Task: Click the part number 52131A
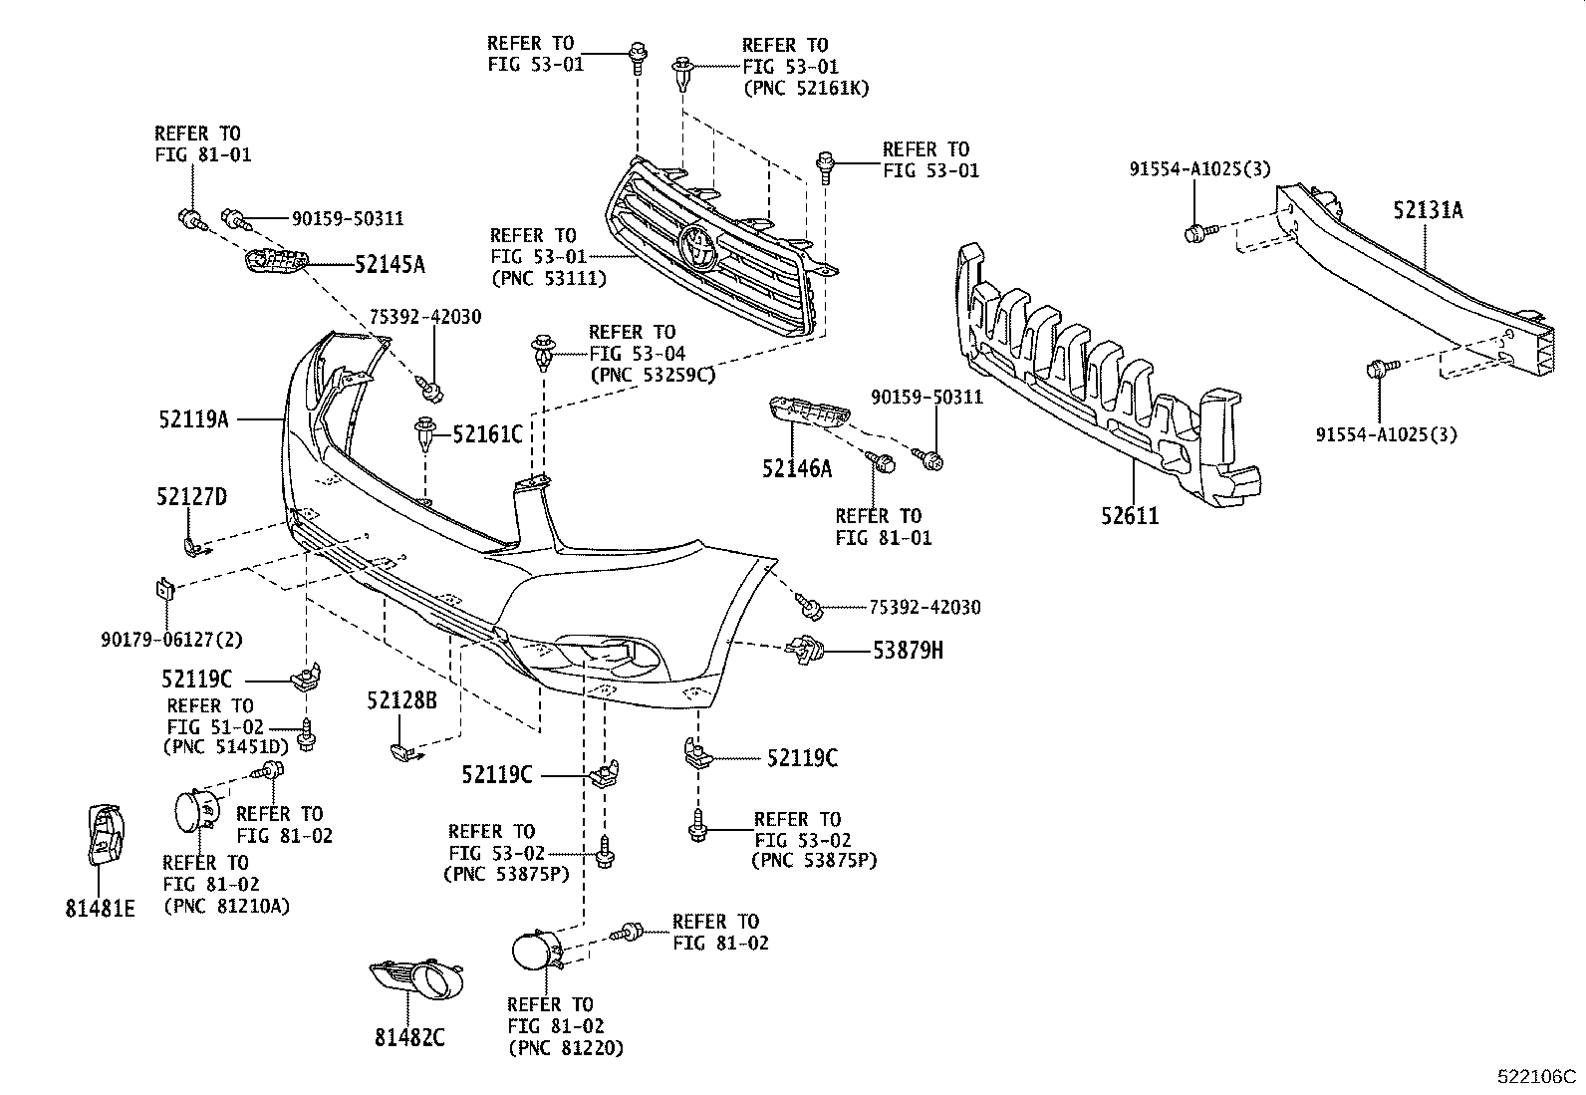pos(1428,210)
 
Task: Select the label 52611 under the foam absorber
pos(1130,516)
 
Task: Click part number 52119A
pos(193,419)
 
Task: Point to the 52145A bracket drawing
pos(274,263)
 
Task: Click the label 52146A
pos(797,468)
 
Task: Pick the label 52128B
pos(401,700)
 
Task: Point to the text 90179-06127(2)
pos(171,640)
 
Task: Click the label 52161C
pos(487,433)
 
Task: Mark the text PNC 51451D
pos(225,746)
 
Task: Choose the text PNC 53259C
pos(653,376)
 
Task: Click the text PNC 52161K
pos(807,89)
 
